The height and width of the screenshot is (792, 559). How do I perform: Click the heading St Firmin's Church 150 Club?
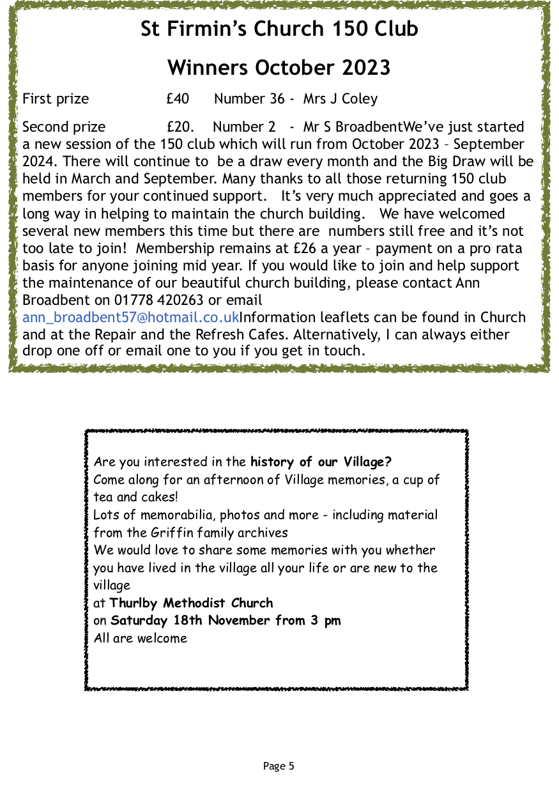coord(279,29)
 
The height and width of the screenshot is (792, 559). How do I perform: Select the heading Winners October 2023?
coord(279,67)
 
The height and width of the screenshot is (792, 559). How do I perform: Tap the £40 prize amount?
coord(178,99)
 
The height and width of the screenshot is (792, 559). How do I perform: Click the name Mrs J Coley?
coord(341,99)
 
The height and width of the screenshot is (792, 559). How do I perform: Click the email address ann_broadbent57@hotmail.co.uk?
coord(130,317)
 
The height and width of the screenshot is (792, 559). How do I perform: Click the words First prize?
coord(56,99)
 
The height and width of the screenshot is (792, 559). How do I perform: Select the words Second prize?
coord(64,127)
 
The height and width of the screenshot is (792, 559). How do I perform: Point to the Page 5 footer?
coord(279,766)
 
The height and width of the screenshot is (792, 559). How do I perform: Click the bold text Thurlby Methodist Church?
coord(191,603)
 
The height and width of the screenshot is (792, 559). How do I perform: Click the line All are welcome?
coord(141,638)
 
